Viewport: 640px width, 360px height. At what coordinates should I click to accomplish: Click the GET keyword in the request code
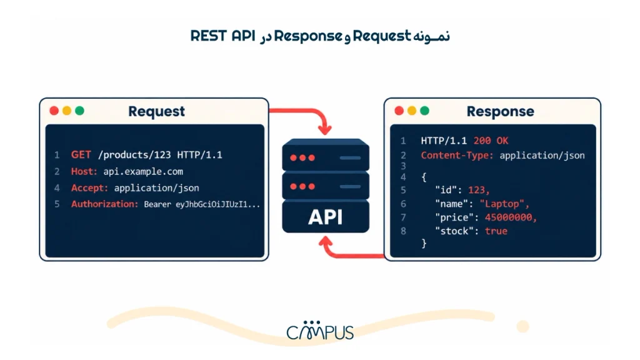[81, 155]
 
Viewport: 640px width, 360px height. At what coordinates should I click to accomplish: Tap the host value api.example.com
[143, 172]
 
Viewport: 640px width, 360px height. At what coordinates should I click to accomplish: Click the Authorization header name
[104, 204]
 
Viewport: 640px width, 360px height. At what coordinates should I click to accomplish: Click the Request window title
[156, 111]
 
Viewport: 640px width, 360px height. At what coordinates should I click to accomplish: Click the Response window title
[501, 111]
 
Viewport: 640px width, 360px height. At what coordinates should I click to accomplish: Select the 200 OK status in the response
[491, 141]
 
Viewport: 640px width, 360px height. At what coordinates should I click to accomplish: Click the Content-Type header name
[457, 156]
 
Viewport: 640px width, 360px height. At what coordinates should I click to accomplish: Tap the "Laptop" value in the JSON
[504, 204]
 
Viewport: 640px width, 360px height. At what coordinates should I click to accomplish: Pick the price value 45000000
[511, 217]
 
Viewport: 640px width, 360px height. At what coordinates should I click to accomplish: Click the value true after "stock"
[496, 231]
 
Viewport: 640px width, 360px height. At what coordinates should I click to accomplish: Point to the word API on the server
[325, 217]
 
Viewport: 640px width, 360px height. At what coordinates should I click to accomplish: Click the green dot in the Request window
[79, 111]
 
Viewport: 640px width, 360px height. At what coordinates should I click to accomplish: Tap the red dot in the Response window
[399, 111]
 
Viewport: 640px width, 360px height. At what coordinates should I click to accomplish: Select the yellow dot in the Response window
[412, 111]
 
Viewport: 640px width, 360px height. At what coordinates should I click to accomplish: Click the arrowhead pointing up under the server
[325, 242]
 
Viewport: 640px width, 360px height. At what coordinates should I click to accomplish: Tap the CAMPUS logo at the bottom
[320, 330]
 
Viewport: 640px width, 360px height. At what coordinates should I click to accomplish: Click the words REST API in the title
[223, 36]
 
